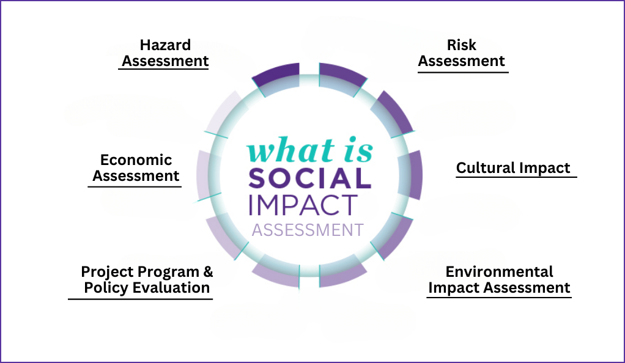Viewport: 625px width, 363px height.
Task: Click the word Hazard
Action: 165,45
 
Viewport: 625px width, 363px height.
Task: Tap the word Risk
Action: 462,45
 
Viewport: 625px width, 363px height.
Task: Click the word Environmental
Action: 500,272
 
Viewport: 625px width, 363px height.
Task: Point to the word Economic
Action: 136,159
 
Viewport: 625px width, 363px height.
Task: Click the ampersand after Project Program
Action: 208,272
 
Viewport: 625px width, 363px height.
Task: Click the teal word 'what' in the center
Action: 290,150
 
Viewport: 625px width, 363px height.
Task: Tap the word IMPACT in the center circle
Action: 303,205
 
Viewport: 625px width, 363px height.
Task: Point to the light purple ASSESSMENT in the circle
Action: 308,230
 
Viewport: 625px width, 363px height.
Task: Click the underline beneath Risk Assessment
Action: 463,72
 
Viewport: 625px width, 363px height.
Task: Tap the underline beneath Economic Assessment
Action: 135,186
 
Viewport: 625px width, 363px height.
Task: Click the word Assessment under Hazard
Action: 165,61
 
